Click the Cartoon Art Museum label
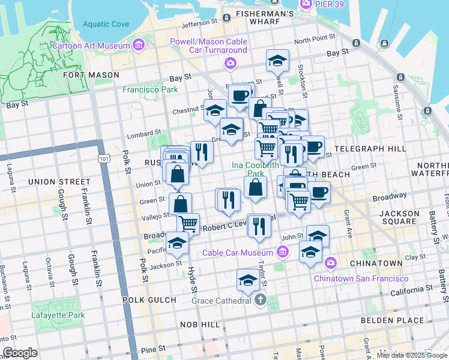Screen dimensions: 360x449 90,46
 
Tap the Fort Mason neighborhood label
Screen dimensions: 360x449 90,76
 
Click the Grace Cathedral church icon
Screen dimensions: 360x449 260,300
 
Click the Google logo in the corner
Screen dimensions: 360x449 20,353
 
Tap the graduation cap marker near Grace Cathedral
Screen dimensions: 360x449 248,280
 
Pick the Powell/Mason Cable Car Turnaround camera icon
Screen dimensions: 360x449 230,63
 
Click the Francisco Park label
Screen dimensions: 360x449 150,89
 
